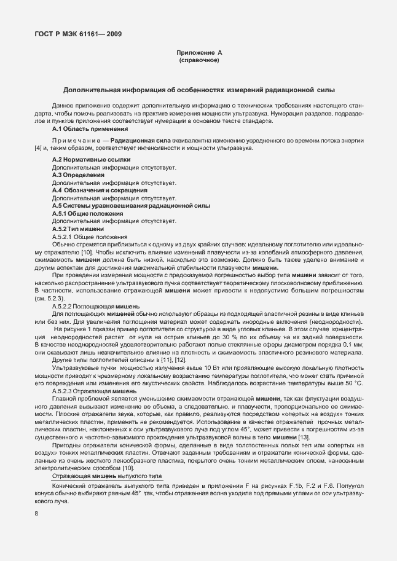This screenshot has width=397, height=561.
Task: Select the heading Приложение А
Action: pos(198,54)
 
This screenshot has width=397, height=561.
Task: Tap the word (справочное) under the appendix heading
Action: pos(198,61)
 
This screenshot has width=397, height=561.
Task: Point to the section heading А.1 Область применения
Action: pos(90,129)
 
